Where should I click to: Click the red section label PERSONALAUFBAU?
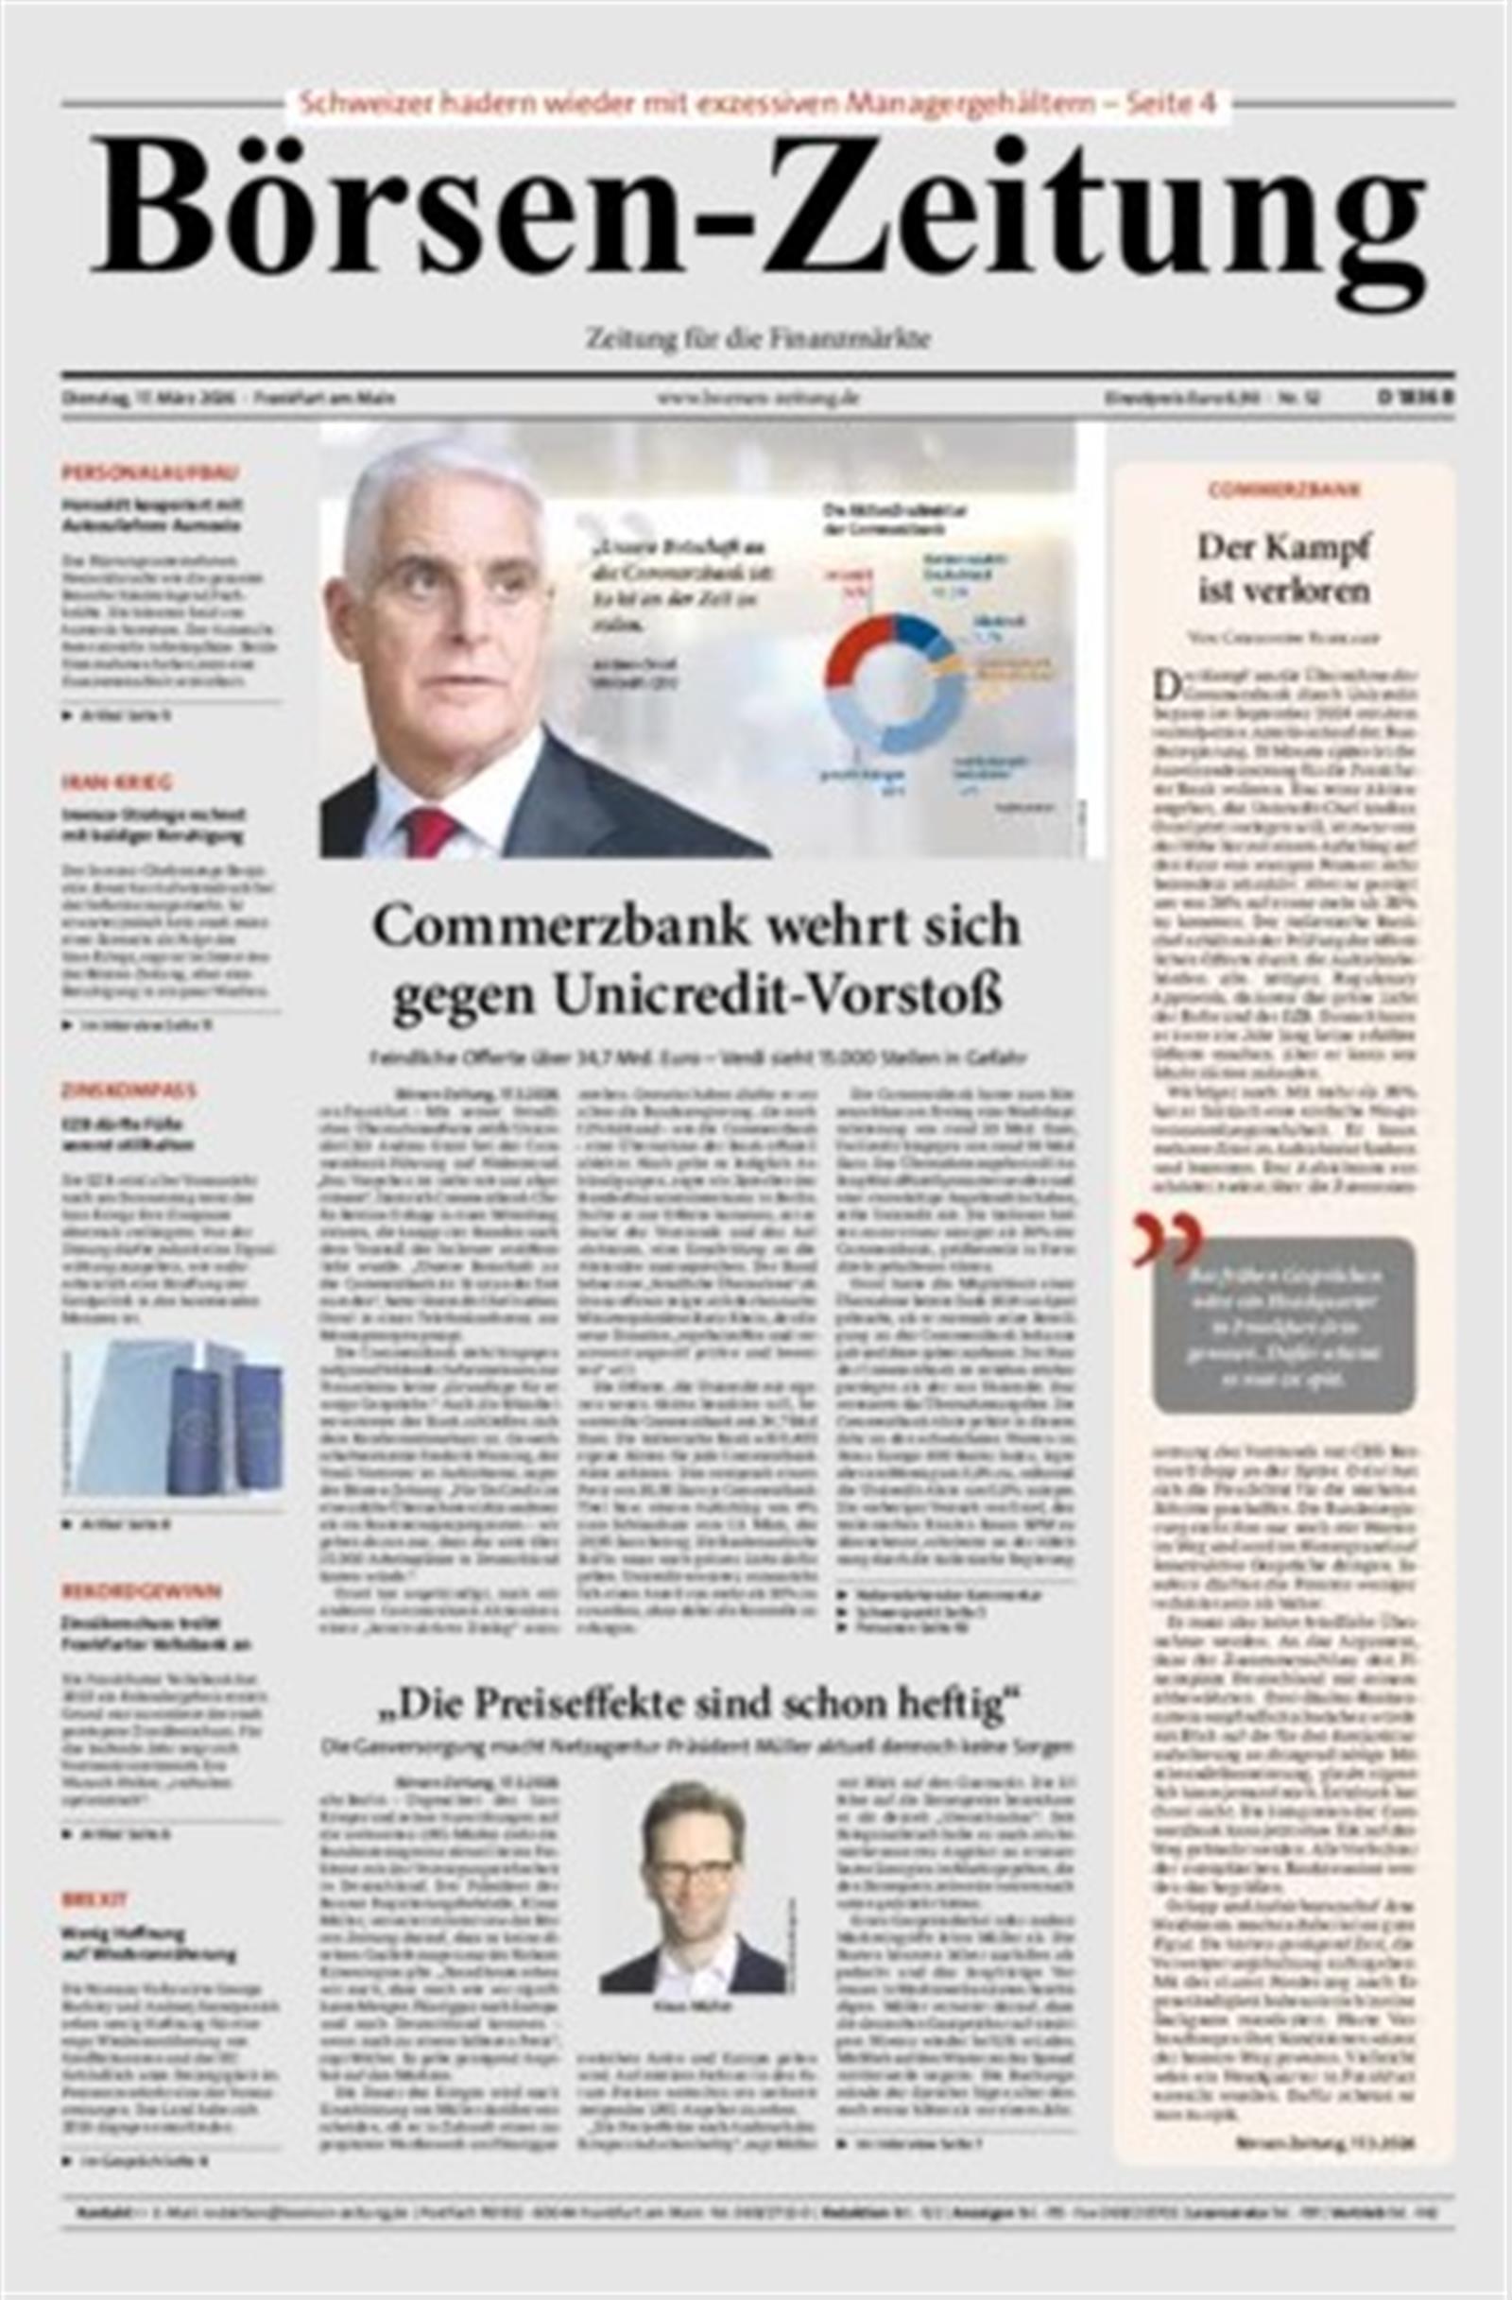(x=150, y=472)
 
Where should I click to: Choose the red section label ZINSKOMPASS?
(x=129, y=1090)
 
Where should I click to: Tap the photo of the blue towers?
(x=173, y=1418)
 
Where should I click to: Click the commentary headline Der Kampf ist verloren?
(x=1284, y=568)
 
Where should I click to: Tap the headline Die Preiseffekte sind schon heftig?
(x=697, y=1708)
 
